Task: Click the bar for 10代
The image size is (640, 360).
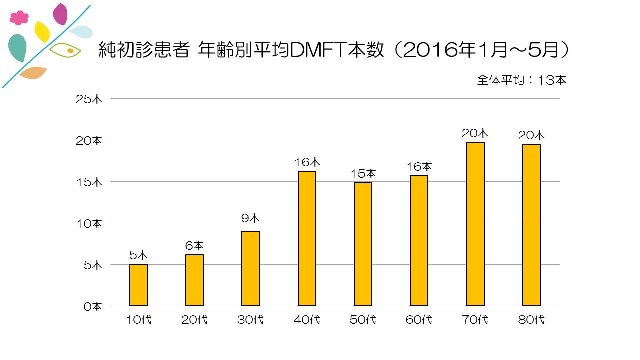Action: pyautogui.click(x=138, y=285)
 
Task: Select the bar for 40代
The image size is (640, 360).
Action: pyautogui.click(x=307, y=238)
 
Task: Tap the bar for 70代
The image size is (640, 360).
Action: pyautogui.click(x=475, y=224)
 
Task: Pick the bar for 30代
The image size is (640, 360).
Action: pyautogui.click(x=251, y=268)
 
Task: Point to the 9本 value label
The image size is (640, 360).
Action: pyautogui.click(x=250, y=218)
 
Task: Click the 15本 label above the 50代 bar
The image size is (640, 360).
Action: pyautogui.click(x=363, y=174)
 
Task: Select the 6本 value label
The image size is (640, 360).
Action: pyautogui.click(x=194, y=246)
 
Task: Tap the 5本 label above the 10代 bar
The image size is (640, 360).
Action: pyautogui.click(x=138, y=255)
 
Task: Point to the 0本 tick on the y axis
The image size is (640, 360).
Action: pyautogui.click(x=92, y=306)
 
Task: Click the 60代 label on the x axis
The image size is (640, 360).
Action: pyautogui.click(x=419, y=320)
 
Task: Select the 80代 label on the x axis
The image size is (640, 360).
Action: pyautogui.click(x=531, y=320)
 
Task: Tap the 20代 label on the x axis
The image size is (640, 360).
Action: pyautogui.click(x=194, y=320)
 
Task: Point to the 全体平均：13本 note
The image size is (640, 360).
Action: pyautogui.click(x=522, y=80)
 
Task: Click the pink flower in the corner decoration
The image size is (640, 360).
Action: pyautogui.click(x=19, y=18)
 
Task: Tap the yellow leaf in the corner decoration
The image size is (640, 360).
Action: pyautogui.click(x=42, y=32)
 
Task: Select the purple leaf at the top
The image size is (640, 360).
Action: pyautogui.click(x=60, y=14)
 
